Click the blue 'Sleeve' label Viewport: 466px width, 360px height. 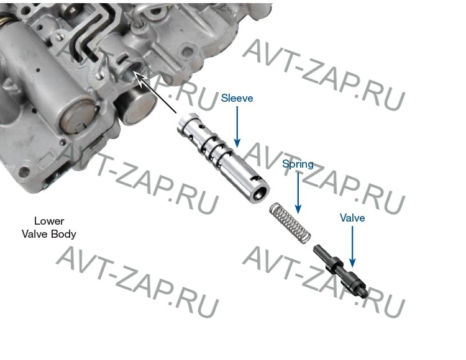[237, 98]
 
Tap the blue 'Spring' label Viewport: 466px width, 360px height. [298, 164]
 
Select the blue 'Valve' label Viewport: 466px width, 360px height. [352, 218]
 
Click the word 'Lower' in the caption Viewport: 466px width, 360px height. [49, 221]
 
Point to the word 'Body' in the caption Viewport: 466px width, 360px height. [63, 234]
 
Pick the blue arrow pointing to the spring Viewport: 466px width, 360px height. [298, 193]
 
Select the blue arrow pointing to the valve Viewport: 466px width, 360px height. [352, 247]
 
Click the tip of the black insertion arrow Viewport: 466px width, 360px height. [134, 71]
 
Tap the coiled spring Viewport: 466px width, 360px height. [290, 223]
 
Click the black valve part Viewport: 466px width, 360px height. [341, 271]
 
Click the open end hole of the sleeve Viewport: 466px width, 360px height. [258, 196]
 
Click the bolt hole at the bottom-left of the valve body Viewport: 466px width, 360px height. [24, 171]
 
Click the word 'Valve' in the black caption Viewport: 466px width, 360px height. [35, 234]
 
